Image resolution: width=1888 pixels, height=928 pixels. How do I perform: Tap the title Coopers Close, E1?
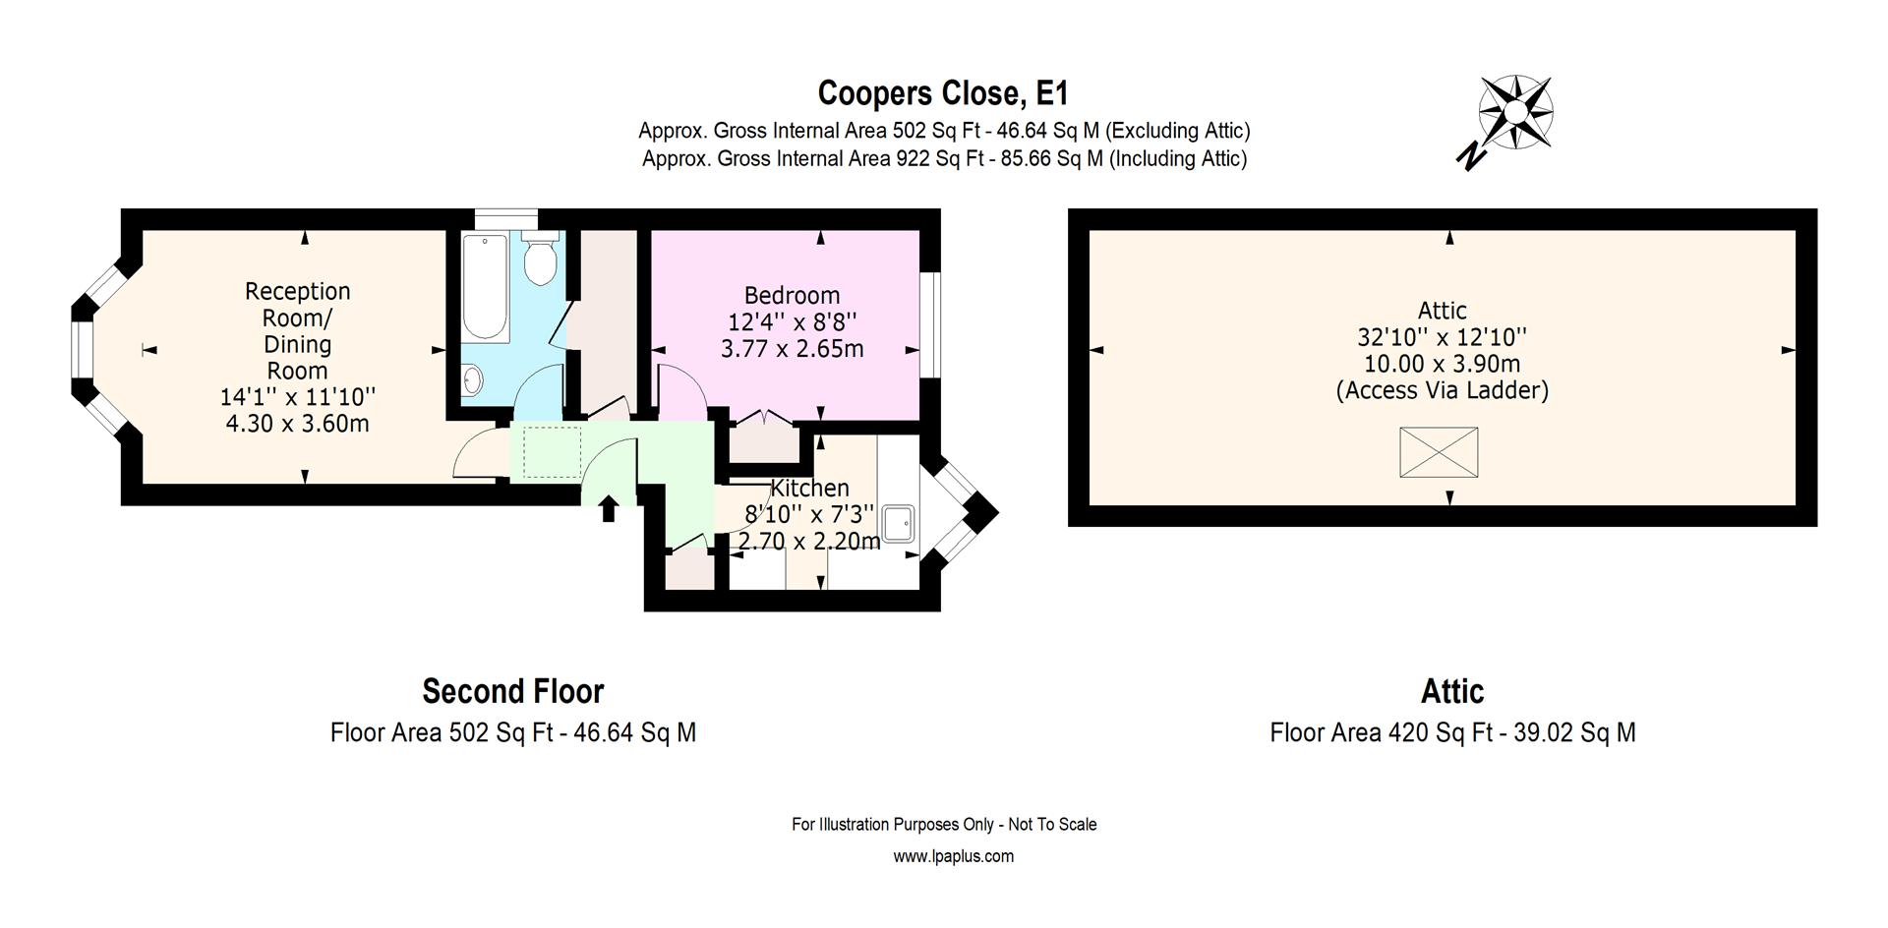[x=942, y=93]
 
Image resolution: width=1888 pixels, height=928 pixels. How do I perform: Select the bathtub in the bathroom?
[x=485, y=287]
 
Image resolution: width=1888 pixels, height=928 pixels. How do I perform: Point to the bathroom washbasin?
[x=472, y=378]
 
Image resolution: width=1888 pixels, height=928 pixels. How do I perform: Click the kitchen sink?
[x=898, y=524]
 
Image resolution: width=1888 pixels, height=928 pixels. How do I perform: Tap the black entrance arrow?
[x=608, y=508]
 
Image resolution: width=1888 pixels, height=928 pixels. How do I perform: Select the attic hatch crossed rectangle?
[x=1438, y=452]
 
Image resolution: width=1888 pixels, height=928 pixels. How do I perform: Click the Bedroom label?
[x=792, y=295]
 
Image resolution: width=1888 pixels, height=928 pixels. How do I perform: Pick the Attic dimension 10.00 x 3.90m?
[x=1442, y=364]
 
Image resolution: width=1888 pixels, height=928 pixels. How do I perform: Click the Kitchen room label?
[x=809, y=488]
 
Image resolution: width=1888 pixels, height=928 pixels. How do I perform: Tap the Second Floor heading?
[x=512, y=691]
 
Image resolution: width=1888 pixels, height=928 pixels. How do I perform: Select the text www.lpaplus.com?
[x=953, y=856]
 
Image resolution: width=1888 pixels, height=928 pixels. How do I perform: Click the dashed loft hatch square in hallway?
[x=552, y=451]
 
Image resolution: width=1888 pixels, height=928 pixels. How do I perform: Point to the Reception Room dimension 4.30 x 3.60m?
[x=297, y=424]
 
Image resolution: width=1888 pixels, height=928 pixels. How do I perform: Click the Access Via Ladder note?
[x=1442, y=390]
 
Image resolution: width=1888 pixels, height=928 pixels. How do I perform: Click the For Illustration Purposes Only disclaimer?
[x=943, y=825]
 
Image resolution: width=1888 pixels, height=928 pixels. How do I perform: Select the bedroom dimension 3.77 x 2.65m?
[x=792, y=348]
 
